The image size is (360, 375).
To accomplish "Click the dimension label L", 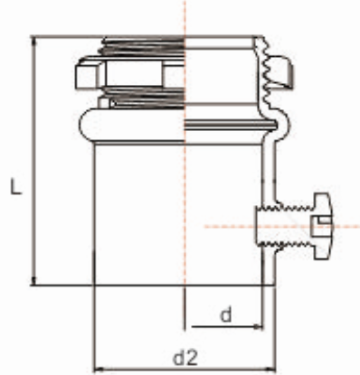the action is coord(15,186).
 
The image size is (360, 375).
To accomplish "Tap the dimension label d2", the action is coord(185,358).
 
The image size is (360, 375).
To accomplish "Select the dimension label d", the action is coord(226,315).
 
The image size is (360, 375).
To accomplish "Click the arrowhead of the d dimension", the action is coord(259,326).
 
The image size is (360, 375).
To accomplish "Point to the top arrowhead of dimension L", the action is coord(34,40).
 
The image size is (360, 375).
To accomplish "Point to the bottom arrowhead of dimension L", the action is coord(34,281).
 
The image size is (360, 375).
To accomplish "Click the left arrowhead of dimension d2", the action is coord(99,369).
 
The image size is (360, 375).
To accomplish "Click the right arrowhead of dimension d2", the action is coord(271,369).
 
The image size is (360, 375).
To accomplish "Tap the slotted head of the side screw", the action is coord(322,227).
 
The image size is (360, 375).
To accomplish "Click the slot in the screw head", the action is coord(318,225).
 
